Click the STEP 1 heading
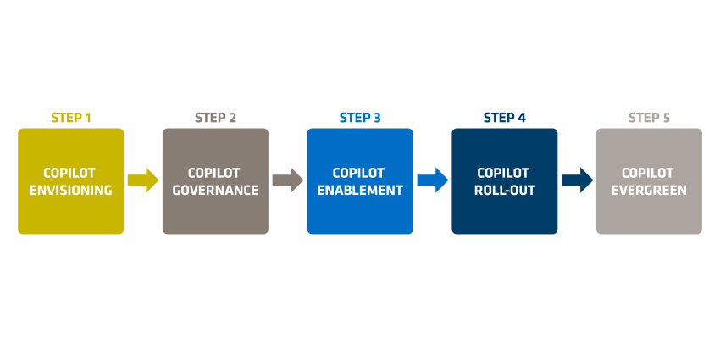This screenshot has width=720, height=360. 70,118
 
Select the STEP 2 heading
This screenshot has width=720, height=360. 215,118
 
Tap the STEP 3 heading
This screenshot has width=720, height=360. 360,118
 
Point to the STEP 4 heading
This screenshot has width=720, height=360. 505,118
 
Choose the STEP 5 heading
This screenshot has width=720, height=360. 650,118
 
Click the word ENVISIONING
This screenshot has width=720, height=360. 70,190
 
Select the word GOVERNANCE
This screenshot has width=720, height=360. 215,190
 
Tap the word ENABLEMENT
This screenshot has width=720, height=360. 360,190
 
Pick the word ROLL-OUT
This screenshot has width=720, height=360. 505,190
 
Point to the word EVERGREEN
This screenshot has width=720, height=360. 650,190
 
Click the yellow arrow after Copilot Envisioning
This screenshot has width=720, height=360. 143,180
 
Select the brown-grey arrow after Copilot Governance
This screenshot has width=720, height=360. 288,180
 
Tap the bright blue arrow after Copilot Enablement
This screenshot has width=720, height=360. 433,180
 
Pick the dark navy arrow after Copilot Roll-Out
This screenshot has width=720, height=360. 577,180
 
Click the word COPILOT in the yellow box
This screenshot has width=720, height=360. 69,173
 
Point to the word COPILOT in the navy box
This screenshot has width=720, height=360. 503,173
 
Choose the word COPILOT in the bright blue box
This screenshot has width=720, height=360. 358,173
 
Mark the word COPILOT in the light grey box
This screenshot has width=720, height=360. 648,173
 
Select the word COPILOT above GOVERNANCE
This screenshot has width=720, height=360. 214,173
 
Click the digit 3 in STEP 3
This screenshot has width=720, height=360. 377,118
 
